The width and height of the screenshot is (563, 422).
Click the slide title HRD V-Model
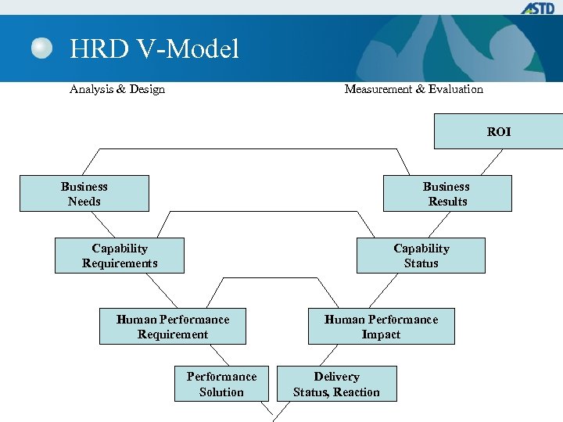click(154, 50)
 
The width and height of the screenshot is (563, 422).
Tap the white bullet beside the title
click(42, 49)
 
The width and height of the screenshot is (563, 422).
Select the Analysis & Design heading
click(117, 89)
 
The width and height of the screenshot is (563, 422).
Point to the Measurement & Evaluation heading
click(414, 89)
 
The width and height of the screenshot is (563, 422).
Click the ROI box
click(498, 131)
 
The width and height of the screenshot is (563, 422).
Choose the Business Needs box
click(84, 194)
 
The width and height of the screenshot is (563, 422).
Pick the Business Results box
click(446, 194)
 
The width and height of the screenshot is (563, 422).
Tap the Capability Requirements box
click(120, 256)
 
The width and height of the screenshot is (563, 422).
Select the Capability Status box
click(421, 256)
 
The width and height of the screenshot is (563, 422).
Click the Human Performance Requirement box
click(173, 327)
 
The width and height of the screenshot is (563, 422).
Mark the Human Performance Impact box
click(381, 327)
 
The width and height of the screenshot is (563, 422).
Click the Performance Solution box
click(221, 384)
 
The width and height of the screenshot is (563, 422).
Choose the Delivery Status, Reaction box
click(336, 384)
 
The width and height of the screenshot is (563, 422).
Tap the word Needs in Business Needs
click(84, 202)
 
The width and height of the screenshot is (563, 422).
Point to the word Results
click(447, 202)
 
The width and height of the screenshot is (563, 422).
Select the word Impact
click(381, 334)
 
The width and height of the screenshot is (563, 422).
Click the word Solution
click(221, 392)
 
